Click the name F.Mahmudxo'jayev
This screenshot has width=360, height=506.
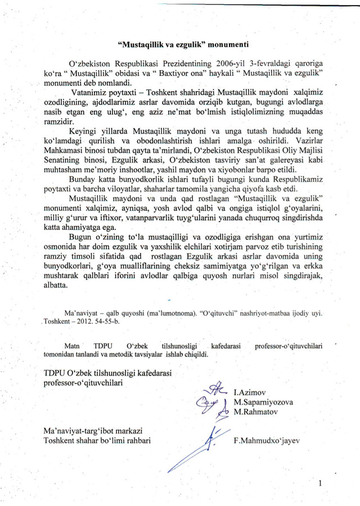point(267,440)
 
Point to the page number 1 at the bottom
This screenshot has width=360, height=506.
point(320,483)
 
